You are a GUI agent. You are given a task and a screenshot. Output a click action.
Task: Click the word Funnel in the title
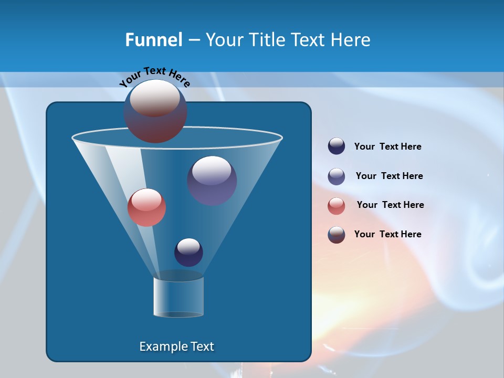click(153, 40)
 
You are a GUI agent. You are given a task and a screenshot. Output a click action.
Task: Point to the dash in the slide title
click(193, 40)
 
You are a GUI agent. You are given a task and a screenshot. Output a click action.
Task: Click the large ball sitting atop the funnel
click(155, 111)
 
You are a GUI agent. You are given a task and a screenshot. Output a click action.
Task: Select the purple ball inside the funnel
click(212, 181)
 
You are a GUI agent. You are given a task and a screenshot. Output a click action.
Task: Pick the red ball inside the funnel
click(146, 207)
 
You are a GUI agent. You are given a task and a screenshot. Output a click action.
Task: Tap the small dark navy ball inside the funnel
click(188, 252)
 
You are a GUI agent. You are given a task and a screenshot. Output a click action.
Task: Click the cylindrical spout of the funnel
click(178, 297)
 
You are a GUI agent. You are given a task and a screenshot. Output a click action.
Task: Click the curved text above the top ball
click(154, 77)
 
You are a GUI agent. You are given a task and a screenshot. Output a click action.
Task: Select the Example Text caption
click(176, 346)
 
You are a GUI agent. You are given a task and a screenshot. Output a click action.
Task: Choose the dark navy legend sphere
click(337, 146)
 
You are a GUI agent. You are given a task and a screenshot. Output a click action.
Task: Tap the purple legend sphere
click(337, 176)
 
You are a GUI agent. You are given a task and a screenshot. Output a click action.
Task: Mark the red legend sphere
click(337, 205)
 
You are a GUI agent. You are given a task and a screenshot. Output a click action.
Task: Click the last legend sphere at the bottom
click(337, 235)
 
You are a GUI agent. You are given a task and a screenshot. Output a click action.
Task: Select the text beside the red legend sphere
click(390, 205)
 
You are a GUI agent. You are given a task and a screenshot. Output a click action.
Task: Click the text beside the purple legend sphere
click(389, 176)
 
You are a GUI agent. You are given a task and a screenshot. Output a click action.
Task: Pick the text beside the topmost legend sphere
click(387, 146)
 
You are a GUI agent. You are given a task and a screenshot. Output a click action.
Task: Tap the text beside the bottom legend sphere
click(387, 234)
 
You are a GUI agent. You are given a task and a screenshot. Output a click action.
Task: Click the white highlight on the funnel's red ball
click(146, 199)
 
